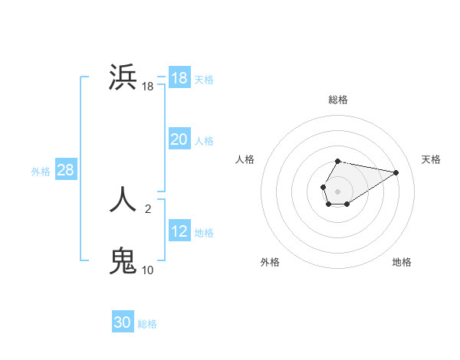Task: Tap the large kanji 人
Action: pos(123,198)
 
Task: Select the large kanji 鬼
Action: pos(123,260)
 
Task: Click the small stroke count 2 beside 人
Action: pos(148,208)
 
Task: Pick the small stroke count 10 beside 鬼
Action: pos(147,270)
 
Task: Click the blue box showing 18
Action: pos(179,78)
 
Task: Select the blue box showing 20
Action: pos(179,139)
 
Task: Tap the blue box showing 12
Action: pos(179,231)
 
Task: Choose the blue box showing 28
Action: pos(65,170)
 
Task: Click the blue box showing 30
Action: pos(123,322)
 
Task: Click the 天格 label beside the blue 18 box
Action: pos(204,79)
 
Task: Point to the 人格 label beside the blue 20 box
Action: pos(204,141)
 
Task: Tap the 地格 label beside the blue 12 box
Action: pos(204,233)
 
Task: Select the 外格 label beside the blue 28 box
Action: pos(41,172)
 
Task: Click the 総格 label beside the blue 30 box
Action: pos(147,324)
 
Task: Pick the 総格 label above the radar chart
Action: pos(338,100)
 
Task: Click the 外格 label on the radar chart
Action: pos(270,263)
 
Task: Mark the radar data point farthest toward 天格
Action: pos(396,172)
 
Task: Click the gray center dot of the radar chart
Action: pos(337,190)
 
